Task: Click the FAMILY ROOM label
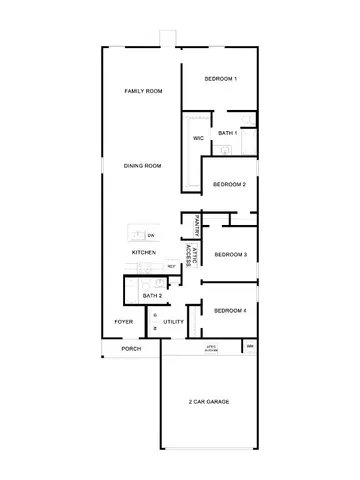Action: (143, 91)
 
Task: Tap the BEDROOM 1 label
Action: (220, 79)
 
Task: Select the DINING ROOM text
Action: (143, 166)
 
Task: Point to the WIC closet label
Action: (198, 138)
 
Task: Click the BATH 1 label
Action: (227, 132)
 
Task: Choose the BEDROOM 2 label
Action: (229, 184)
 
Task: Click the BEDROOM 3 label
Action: (231, 255)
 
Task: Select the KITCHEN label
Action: (143, 253)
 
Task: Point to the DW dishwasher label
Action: (151, 235)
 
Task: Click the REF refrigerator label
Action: (171, 266)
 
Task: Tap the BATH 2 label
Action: (152, 296)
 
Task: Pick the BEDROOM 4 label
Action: (231, 311)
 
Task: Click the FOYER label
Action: (124, 322)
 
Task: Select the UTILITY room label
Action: (174, 322)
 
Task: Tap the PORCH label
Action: (131, 349)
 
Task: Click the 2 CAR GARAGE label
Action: (209, 401)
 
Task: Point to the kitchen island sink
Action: (136, 234)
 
